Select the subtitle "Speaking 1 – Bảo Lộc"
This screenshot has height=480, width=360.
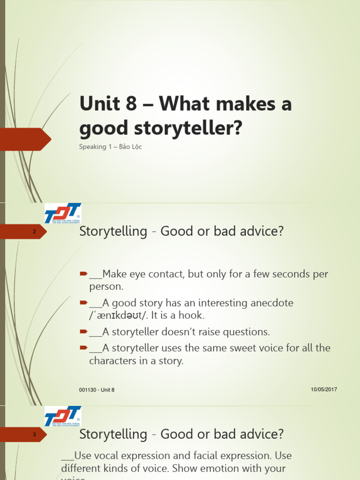(x=111, y=147)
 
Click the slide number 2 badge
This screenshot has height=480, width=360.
(x=34, y=232)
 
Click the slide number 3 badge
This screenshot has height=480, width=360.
(x=34, y=435)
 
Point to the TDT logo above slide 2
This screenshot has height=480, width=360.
(x=63, y=213)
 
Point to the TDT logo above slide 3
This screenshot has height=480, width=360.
(x=63, y=416)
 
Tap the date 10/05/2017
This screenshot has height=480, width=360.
(x=324, y=390)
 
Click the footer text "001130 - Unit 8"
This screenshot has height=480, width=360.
(x=97, y=390)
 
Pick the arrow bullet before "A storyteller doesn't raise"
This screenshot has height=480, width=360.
(x=83, y=332)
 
